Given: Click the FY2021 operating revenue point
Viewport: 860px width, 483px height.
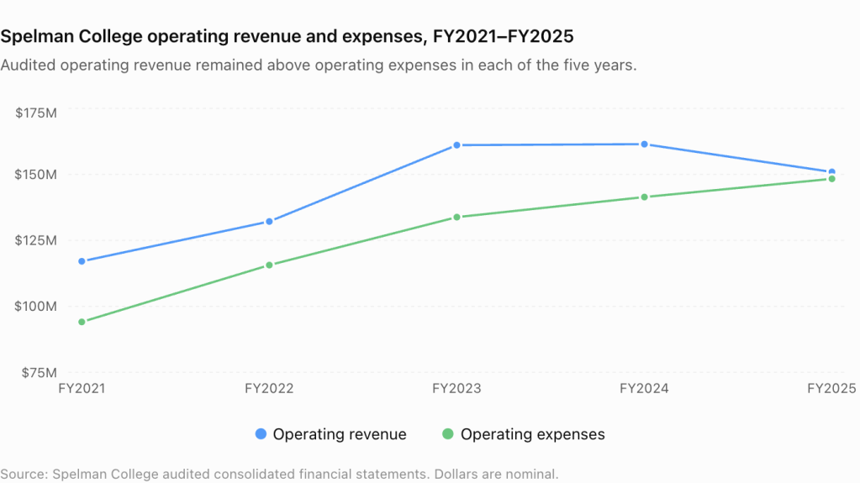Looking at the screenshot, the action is [x=82, y=261].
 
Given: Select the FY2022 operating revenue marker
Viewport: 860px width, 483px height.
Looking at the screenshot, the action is [x=269, y=222].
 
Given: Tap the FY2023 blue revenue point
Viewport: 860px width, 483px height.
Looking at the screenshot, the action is [x=456, y=145].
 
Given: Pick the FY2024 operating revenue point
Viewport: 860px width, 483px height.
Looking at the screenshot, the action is [x=645, y=144].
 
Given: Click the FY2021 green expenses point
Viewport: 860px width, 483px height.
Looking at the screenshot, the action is [x=82, y=322].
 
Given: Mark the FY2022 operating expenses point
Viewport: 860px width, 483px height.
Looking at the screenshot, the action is [x=269, y=265].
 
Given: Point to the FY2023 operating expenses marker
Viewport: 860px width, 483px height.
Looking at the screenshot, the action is [x=456, y=217].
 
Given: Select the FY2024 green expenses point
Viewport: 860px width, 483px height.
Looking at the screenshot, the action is [x=645, y=197].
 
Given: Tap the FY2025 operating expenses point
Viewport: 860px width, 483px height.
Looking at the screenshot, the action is [x=832, y=179].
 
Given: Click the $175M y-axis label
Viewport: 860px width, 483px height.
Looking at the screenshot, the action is [x=35, y=113].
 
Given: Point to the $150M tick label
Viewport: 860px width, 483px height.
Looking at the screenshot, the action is [x=35, y=175].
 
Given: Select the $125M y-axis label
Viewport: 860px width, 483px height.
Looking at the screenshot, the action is [x=35, y=240].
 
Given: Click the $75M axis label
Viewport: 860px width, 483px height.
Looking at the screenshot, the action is [x=39, y=373].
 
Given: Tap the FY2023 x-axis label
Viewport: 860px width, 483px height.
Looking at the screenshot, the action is [x=456, y=389].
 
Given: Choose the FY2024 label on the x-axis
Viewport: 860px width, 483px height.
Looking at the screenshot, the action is [x=644, y=389].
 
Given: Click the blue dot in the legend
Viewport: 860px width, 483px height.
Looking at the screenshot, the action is [x=261, y=434].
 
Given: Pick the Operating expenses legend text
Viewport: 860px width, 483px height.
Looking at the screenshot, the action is [x=533, y=434].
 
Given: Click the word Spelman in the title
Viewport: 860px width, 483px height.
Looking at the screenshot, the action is [x=37, y=36].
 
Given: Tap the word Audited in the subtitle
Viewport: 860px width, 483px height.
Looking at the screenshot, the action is [x=29, y=66].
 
